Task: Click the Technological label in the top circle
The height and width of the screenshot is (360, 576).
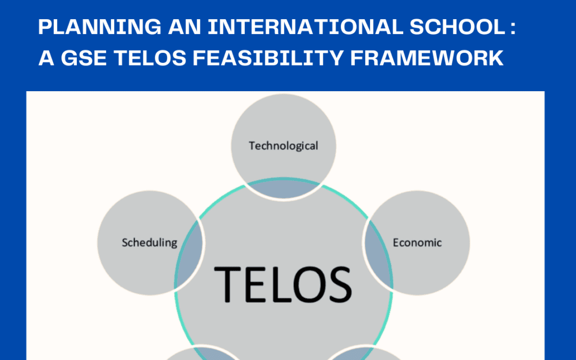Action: [x=283, y=146]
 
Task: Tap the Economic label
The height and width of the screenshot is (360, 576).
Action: [x=417, y=243]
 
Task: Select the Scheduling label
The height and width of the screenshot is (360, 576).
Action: [x=149, y=243]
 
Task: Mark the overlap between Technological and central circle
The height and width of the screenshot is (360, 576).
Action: [x=283, y=189]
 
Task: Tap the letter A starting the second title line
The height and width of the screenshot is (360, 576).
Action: [x=45, y=58]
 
